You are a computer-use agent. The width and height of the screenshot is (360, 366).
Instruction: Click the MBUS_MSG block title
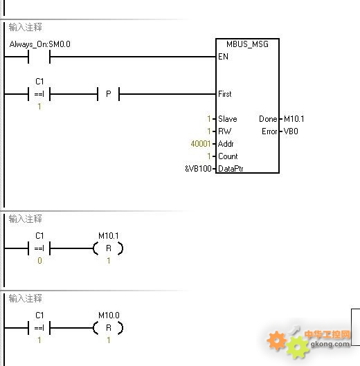click(x=247, y=44)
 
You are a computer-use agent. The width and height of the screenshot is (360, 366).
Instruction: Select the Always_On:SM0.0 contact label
click(x=39, y=44)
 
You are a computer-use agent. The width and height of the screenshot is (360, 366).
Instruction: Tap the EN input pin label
click(x=223, y=57)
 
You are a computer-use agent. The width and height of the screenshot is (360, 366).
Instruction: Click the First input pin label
click(x=225, y=94)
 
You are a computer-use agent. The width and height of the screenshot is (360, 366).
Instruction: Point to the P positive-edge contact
click(x=109, y=94)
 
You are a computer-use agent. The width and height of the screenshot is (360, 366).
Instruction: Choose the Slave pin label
click(x=228, y=119)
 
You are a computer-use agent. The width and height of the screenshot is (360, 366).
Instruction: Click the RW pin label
click(x=225, y=131)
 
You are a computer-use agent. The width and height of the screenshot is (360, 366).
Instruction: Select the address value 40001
click(x=201, y=144)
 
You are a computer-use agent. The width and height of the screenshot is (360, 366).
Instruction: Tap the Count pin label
click(x=228, y=156)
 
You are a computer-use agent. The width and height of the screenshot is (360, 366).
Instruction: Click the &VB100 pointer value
click(x=198, y=169)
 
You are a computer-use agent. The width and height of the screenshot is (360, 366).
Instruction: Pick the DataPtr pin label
click(x=231, y=169)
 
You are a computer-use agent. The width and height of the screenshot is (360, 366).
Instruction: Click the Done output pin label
click(x=268, y=119)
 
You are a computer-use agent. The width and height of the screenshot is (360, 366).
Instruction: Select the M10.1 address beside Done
click(x=294, y=119)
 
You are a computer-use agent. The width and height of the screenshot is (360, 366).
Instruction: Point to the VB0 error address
click(x=291, y=131)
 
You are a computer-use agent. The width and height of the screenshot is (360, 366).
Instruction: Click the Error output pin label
click(x=269, y=131)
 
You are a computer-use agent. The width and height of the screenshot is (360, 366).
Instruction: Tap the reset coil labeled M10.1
click(x=109, y=248)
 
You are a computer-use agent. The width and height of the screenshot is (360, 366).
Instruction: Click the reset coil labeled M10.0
click(x=109, y=328)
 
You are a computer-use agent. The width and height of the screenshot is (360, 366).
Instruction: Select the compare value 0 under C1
click(x=39, y=261)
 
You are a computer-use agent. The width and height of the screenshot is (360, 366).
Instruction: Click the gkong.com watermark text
click(x=330, y=344)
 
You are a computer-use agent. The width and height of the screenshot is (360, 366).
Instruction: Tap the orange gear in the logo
click(x=277, y=340)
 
